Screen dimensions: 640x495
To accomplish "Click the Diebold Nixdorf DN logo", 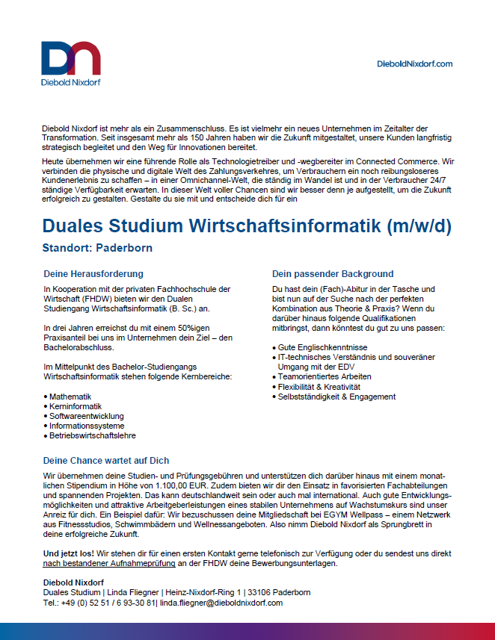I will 71,60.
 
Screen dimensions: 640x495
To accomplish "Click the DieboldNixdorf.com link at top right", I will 415,64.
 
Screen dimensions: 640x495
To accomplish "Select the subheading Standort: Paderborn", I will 98,247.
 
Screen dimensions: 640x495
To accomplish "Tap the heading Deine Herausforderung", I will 93,274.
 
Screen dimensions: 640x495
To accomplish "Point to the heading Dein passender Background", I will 333,274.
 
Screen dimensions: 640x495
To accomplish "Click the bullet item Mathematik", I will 70,396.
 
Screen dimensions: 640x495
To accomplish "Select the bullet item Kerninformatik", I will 74,406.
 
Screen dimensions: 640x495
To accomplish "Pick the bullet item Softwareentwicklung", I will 87,415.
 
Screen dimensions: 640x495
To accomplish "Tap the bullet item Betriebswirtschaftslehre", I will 93,435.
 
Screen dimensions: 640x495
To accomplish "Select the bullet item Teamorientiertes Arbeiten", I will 325,376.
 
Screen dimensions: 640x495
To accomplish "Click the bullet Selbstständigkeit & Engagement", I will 336,396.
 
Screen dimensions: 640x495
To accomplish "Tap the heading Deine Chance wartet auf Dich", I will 106,461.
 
